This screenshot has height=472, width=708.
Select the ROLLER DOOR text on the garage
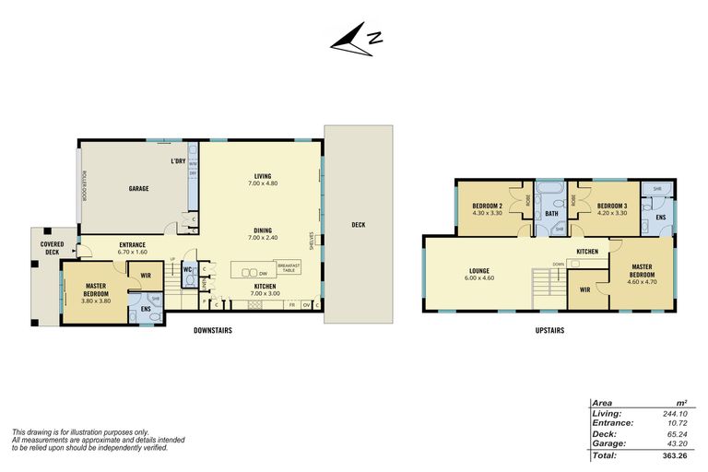coord(83,186)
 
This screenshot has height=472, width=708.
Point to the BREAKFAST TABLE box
coord(289,268)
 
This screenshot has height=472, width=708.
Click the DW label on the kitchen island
coord(264,273)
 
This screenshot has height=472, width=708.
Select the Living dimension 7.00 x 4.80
coord(262,183)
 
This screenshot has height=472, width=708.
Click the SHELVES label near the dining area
coord(313,240)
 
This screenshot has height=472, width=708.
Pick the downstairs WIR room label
coord(145,274)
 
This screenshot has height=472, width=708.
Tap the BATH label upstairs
coord(551,214)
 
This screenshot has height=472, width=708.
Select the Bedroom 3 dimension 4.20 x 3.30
coord(611,213)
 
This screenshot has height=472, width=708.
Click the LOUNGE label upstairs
coord(479,271)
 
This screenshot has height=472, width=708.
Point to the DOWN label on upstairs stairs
coord(559,263)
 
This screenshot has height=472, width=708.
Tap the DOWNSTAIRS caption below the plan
coord(212,330)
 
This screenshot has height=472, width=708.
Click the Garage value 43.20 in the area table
coord(680,443)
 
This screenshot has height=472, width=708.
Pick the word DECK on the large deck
coord(359,224)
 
